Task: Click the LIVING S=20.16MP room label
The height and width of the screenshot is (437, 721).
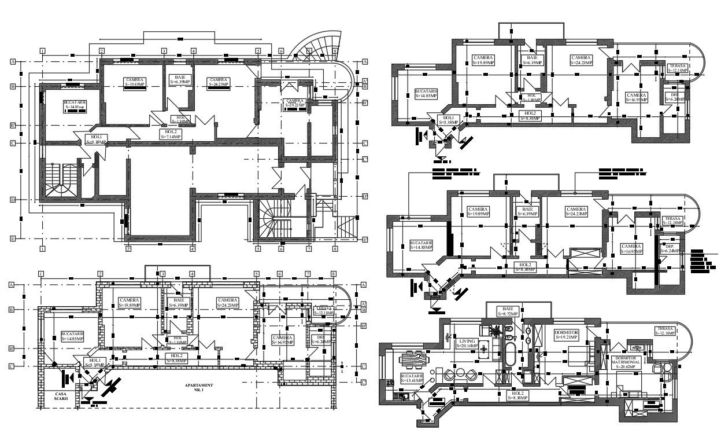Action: click(467, 344)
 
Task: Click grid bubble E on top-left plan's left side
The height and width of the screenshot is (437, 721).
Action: click(12, 238)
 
